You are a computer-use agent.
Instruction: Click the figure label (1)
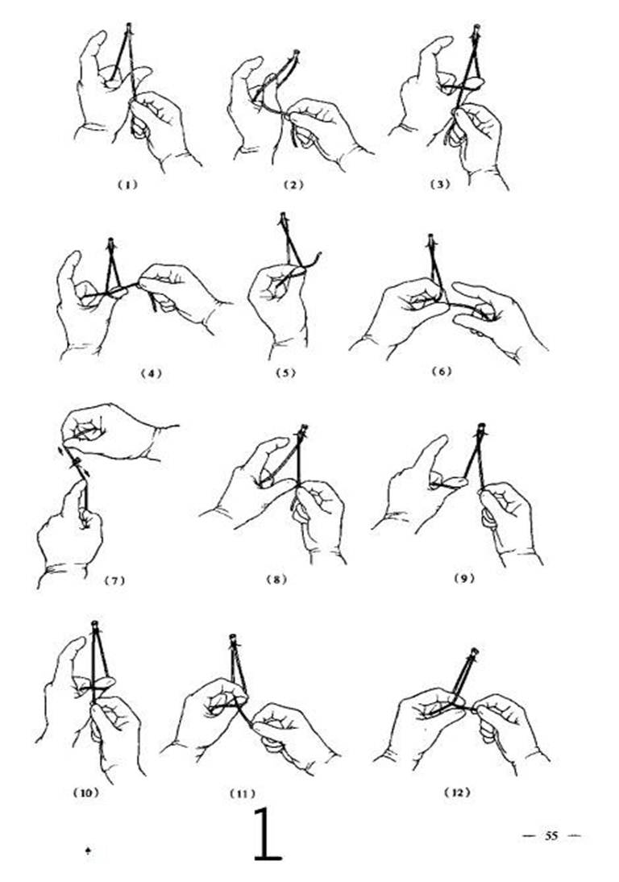(127, 185)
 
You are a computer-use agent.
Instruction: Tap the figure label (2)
(293, 185)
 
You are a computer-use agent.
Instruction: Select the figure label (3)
(440, 184)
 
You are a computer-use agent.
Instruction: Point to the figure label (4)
(151, 372)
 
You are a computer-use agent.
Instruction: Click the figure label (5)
(285, 372)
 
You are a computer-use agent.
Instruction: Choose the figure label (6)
(442, 371)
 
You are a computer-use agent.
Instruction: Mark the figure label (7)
(114, 580)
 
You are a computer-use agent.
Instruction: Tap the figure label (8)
(276, 580)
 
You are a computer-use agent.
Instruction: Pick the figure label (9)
(464, 578)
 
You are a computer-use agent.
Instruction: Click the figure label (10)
(86, 793)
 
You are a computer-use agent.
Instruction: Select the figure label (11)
(243, 793)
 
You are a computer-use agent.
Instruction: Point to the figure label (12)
(457, 793)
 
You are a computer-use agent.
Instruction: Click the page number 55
(551, 835)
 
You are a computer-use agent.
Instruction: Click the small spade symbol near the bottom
(89, 851)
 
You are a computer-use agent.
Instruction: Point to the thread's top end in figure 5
(284, 215)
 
